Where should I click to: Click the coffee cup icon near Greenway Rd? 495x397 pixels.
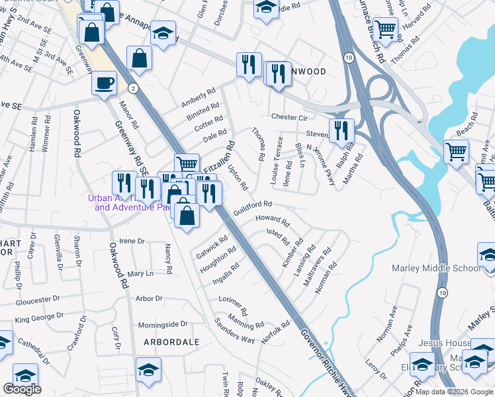(103, 84)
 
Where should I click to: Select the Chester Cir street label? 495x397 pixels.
(290, 117)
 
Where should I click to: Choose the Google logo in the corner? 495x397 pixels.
(22, 389)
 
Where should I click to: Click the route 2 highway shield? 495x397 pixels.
(134, 87)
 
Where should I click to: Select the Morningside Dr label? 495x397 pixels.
(163, 325)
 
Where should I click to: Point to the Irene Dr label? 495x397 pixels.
(131, 242)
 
